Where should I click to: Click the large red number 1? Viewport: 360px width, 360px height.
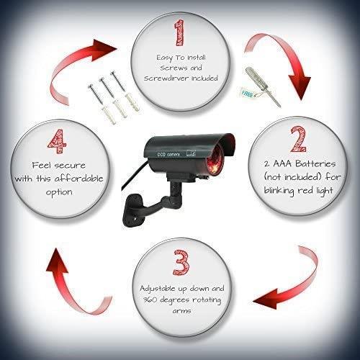pyautogui.click(x=180, y=33)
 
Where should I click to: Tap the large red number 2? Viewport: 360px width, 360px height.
pyautogui.click(x=298, y=139)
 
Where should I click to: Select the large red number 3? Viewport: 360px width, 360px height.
pyautogui.click(x=181, y=262)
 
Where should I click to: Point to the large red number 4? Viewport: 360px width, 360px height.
pyautogui.click(x=57, y=142)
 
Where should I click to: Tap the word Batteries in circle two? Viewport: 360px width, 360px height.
pyautogui.click(x=315, y=163)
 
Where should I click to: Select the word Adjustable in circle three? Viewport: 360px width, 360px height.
pyautogui.click(x=158, y=289)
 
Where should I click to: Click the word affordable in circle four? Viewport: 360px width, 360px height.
pyautogui.click(x=78, y=179)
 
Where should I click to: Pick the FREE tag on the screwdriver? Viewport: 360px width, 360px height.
pyautogui.click(x=247, y=94)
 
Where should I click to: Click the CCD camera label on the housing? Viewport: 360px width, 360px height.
pyautogui.click(x=168, y=154)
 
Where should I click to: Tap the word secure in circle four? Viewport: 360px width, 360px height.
pyautogui.click(x=70, y=166)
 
